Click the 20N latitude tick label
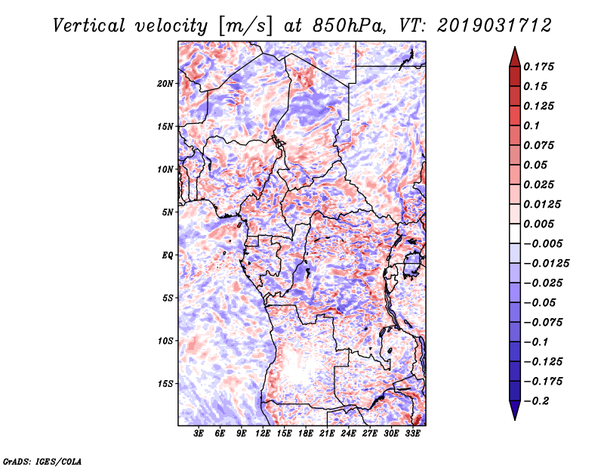(x=165, y=84)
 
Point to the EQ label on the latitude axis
(x=168, y=255)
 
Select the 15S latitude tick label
(x=165, y=384)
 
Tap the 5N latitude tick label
(x=168, y=212)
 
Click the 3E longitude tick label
(x=199, y=434)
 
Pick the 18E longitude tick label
(x=306, y=434)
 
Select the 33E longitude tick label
(x=412, y=434)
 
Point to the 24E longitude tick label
(x=348, y=434)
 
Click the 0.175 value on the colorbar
(x=538, y=66)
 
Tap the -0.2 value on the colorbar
(x=536, y=401)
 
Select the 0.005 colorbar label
(x=538, y=224)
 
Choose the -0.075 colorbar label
(x=543, y=323)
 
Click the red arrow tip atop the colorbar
(x=515, y=48)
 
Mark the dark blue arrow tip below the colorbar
(x=515, y=419)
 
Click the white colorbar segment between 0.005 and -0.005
(x=515, y=233)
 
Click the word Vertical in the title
(x=89, y=26)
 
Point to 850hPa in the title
(x=349, y=26)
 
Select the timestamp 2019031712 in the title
(x=495, y=26)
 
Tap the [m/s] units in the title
(x=245, y=26)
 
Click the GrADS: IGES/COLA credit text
(x=42, y=461)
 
